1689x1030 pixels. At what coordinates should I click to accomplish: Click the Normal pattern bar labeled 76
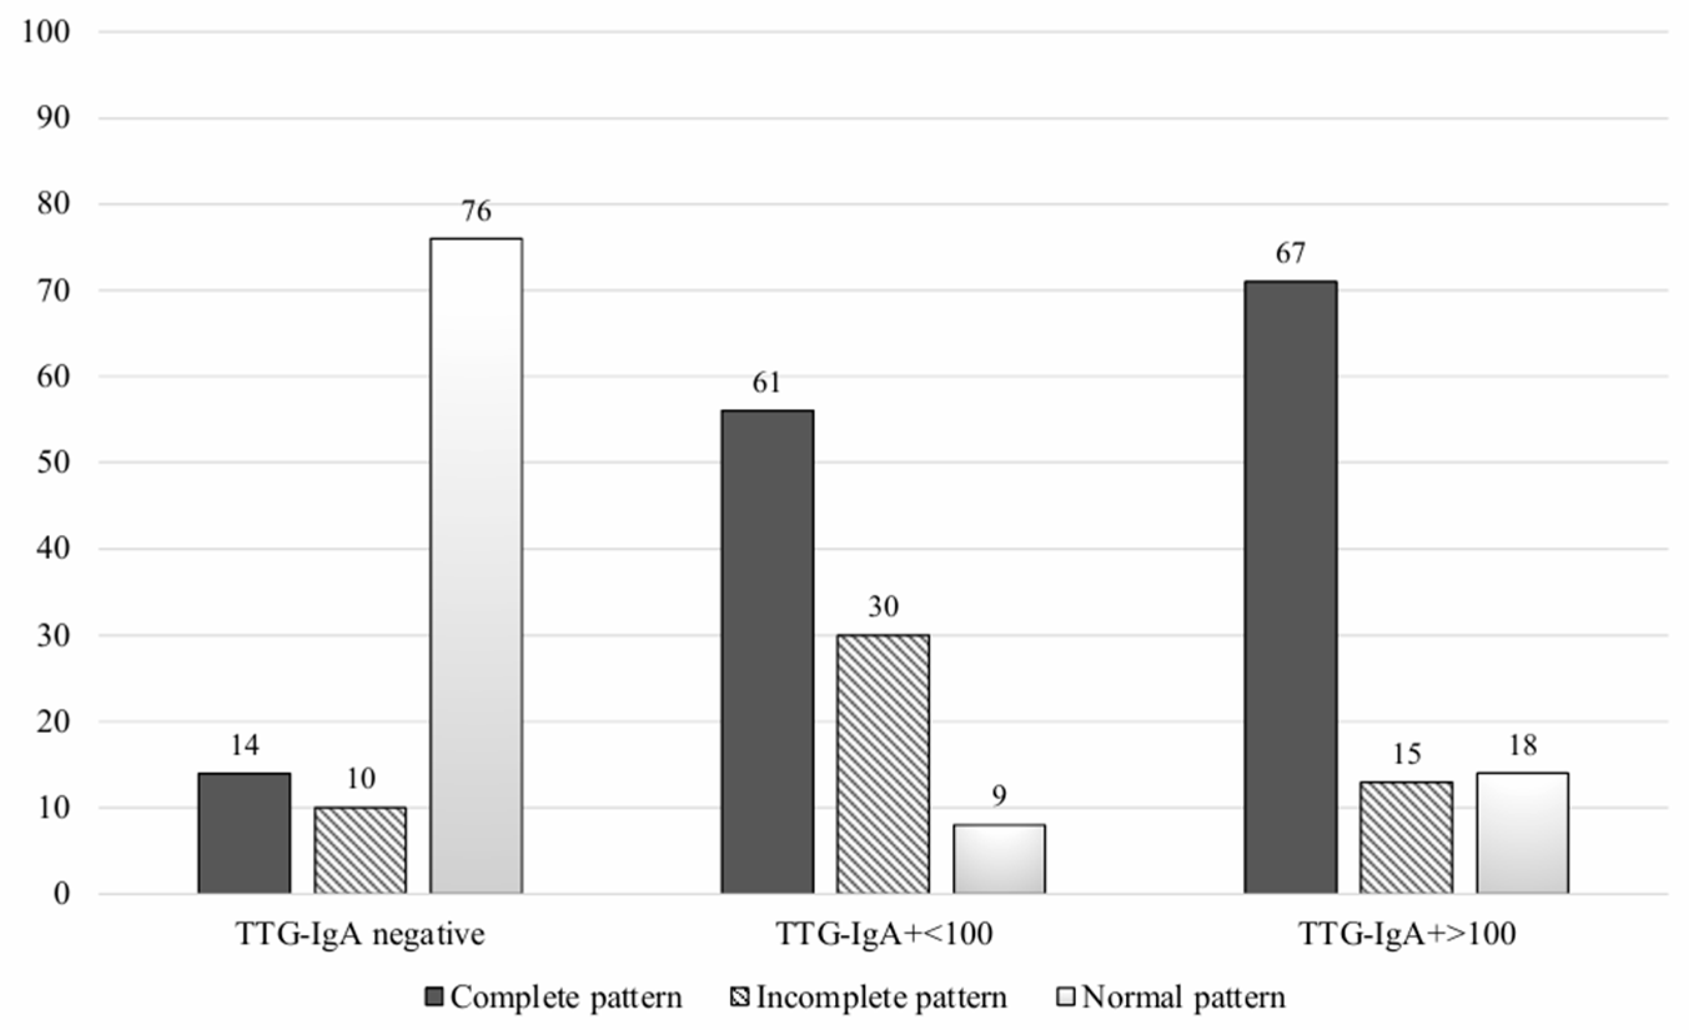tap(476, 566)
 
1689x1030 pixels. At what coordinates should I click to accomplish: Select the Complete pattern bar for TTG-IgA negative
tap(244, 833)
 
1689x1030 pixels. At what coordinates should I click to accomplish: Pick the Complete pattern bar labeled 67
tap(1290, 587)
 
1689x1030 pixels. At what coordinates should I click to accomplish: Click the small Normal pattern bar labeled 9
tap(999, 858)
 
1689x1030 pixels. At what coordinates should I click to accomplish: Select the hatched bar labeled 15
tap(1406, 837)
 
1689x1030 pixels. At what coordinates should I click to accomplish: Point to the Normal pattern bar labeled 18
tap(1522, 833)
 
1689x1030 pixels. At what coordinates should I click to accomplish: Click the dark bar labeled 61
tap(767, 652)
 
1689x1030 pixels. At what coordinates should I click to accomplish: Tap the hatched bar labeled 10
tap(360, 850)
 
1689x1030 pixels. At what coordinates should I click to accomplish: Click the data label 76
tap(476, 210)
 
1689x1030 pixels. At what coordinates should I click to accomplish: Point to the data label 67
tap(1290, 253)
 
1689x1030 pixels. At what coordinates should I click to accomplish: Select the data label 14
tap(245, 745)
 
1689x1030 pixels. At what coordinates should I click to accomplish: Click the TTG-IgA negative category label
tap(360, 934)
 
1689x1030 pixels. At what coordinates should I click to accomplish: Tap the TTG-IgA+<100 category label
tap(884, 934)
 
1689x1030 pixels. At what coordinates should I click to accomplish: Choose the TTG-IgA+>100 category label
tap(1407, 934)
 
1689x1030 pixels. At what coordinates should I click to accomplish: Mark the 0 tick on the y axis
tap(61, 893)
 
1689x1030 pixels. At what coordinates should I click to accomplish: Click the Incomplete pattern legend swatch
tap(740, 996)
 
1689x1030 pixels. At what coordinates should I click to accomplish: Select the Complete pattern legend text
tap(566, 997)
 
